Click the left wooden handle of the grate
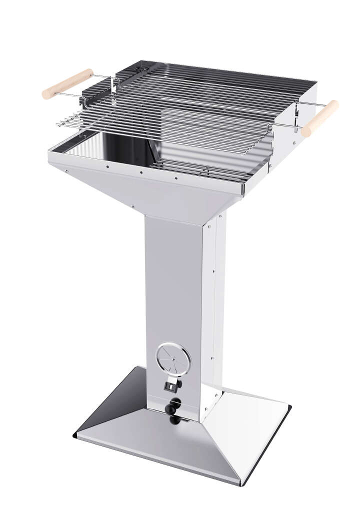[x=67, y=83]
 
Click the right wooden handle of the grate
[x=320, y=118]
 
